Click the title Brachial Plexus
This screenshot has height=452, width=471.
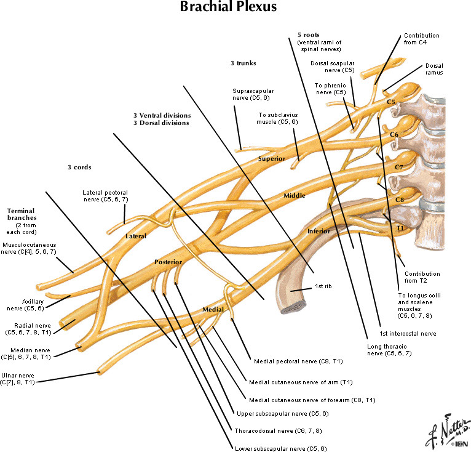(x=228, y=8)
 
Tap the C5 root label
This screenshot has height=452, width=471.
(x=391, y=101)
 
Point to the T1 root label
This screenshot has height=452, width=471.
(x=400, y=228)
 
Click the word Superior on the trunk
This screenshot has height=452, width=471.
(x=272, y=159)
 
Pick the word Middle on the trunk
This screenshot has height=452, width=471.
(x=294, y=195)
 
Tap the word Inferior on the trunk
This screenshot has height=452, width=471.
(x=319, y=231)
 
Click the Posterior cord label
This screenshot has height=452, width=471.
(x=168, y=262)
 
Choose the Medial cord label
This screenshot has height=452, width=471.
(x=213, y=309)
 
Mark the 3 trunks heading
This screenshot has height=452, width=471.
(x=243, y=63)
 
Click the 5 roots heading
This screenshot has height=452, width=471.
(x=308, y=35)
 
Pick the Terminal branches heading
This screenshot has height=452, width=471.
(x=22, y=214)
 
